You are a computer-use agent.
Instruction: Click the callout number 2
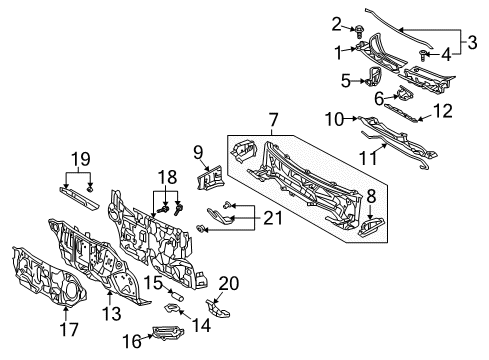click(x=338, y=23)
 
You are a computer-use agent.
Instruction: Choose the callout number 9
click(x=198, y=153)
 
